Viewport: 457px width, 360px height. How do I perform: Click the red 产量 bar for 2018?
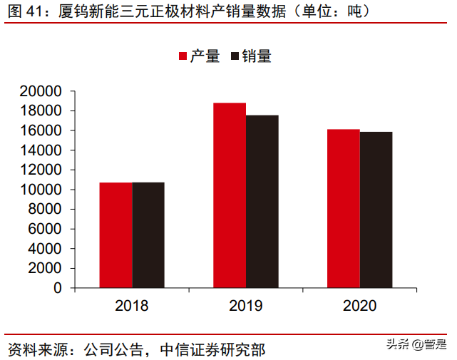[x=115, y=235]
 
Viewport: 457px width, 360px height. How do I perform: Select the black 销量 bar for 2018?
[x=148, y=235]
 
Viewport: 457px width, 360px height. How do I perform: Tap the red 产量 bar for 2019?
[x=230, y=195]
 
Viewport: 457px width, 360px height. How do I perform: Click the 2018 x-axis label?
[x=132, y=306]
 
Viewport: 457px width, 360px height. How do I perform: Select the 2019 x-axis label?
[x=246, y=306]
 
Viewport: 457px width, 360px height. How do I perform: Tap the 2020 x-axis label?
[x=360, y=306]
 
